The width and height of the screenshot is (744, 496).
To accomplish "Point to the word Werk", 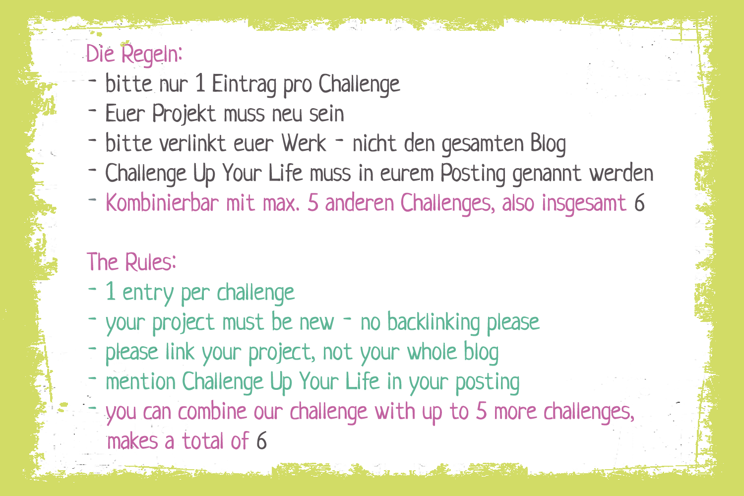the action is point(304,144).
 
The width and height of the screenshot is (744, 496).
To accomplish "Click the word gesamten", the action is point(483,144).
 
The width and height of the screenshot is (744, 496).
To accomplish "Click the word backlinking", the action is point(433,322).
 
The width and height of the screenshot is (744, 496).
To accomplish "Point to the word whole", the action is point(432,352).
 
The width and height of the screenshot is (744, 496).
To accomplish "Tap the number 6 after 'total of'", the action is point(261,441).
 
